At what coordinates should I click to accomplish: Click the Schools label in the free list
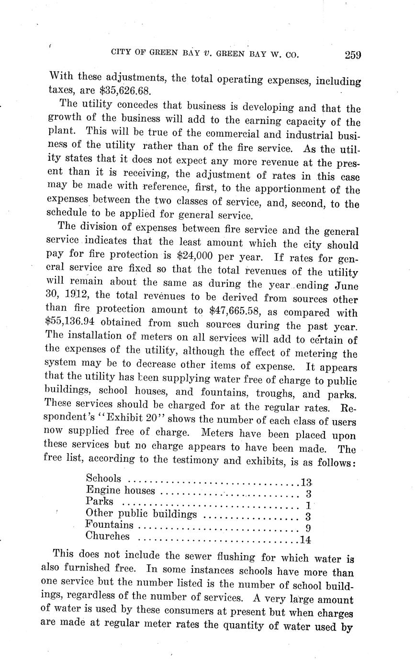click(103, 478)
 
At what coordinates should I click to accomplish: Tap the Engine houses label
click(121, 490)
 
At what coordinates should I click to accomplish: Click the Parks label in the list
click(100, 501)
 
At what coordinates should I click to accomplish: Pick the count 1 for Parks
click(309, 505)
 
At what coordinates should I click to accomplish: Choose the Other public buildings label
click(141, 513)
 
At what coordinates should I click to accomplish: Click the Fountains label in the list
click(110, 525)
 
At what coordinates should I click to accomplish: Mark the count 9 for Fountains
click(309, 528)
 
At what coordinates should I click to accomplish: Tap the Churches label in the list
click(108, 536)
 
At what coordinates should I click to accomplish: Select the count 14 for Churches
click(305, 540)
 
